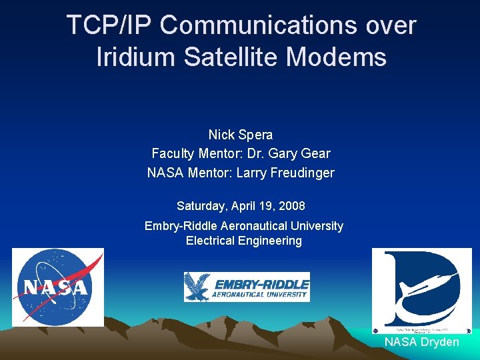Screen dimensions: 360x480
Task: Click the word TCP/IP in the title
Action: (x=110, y=25)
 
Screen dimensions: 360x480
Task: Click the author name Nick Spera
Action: (x=240, y=135)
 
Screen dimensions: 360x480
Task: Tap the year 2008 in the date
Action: (x=291, y=206)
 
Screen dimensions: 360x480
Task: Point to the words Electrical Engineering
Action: (x=243, y=241)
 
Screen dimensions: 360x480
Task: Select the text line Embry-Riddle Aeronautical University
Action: (x=243, y=226)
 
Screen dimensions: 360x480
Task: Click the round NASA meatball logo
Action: (x=57, y=287)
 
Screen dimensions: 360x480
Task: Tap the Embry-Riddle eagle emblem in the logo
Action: (x=198, y=287)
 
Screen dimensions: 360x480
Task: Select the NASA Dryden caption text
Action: (x=421, y=342)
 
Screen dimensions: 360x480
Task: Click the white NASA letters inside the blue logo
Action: (x=55, y=288)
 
